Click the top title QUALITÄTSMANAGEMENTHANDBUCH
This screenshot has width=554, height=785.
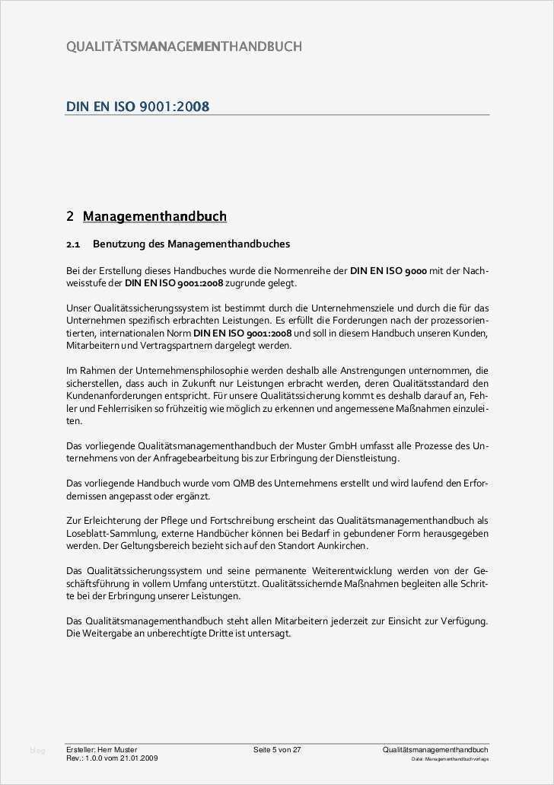(x=184, y=46)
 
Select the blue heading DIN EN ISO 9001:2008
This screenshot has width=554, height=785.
(x=138, y=106)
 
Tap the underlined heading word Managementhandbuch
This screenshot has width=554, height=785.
(x=154, y=216)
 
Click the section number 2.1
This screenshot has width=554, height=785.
(x=73, y=244)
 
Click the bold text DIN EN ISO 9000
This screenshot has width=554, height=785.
(x=388, y=270)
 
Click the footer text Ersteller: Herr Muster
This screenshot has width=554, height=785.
(x=102, y=750)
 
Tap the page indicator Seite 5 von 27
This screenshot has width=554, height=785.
(x=277, y=750)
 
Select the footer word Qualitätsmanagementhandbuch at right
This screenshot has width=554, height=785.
(x=435, y=750)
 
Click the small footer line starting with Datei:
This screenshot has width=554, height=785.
(x=450, y=759)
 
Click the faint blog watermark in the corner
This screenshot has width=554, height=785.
(x=37, y=751)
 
